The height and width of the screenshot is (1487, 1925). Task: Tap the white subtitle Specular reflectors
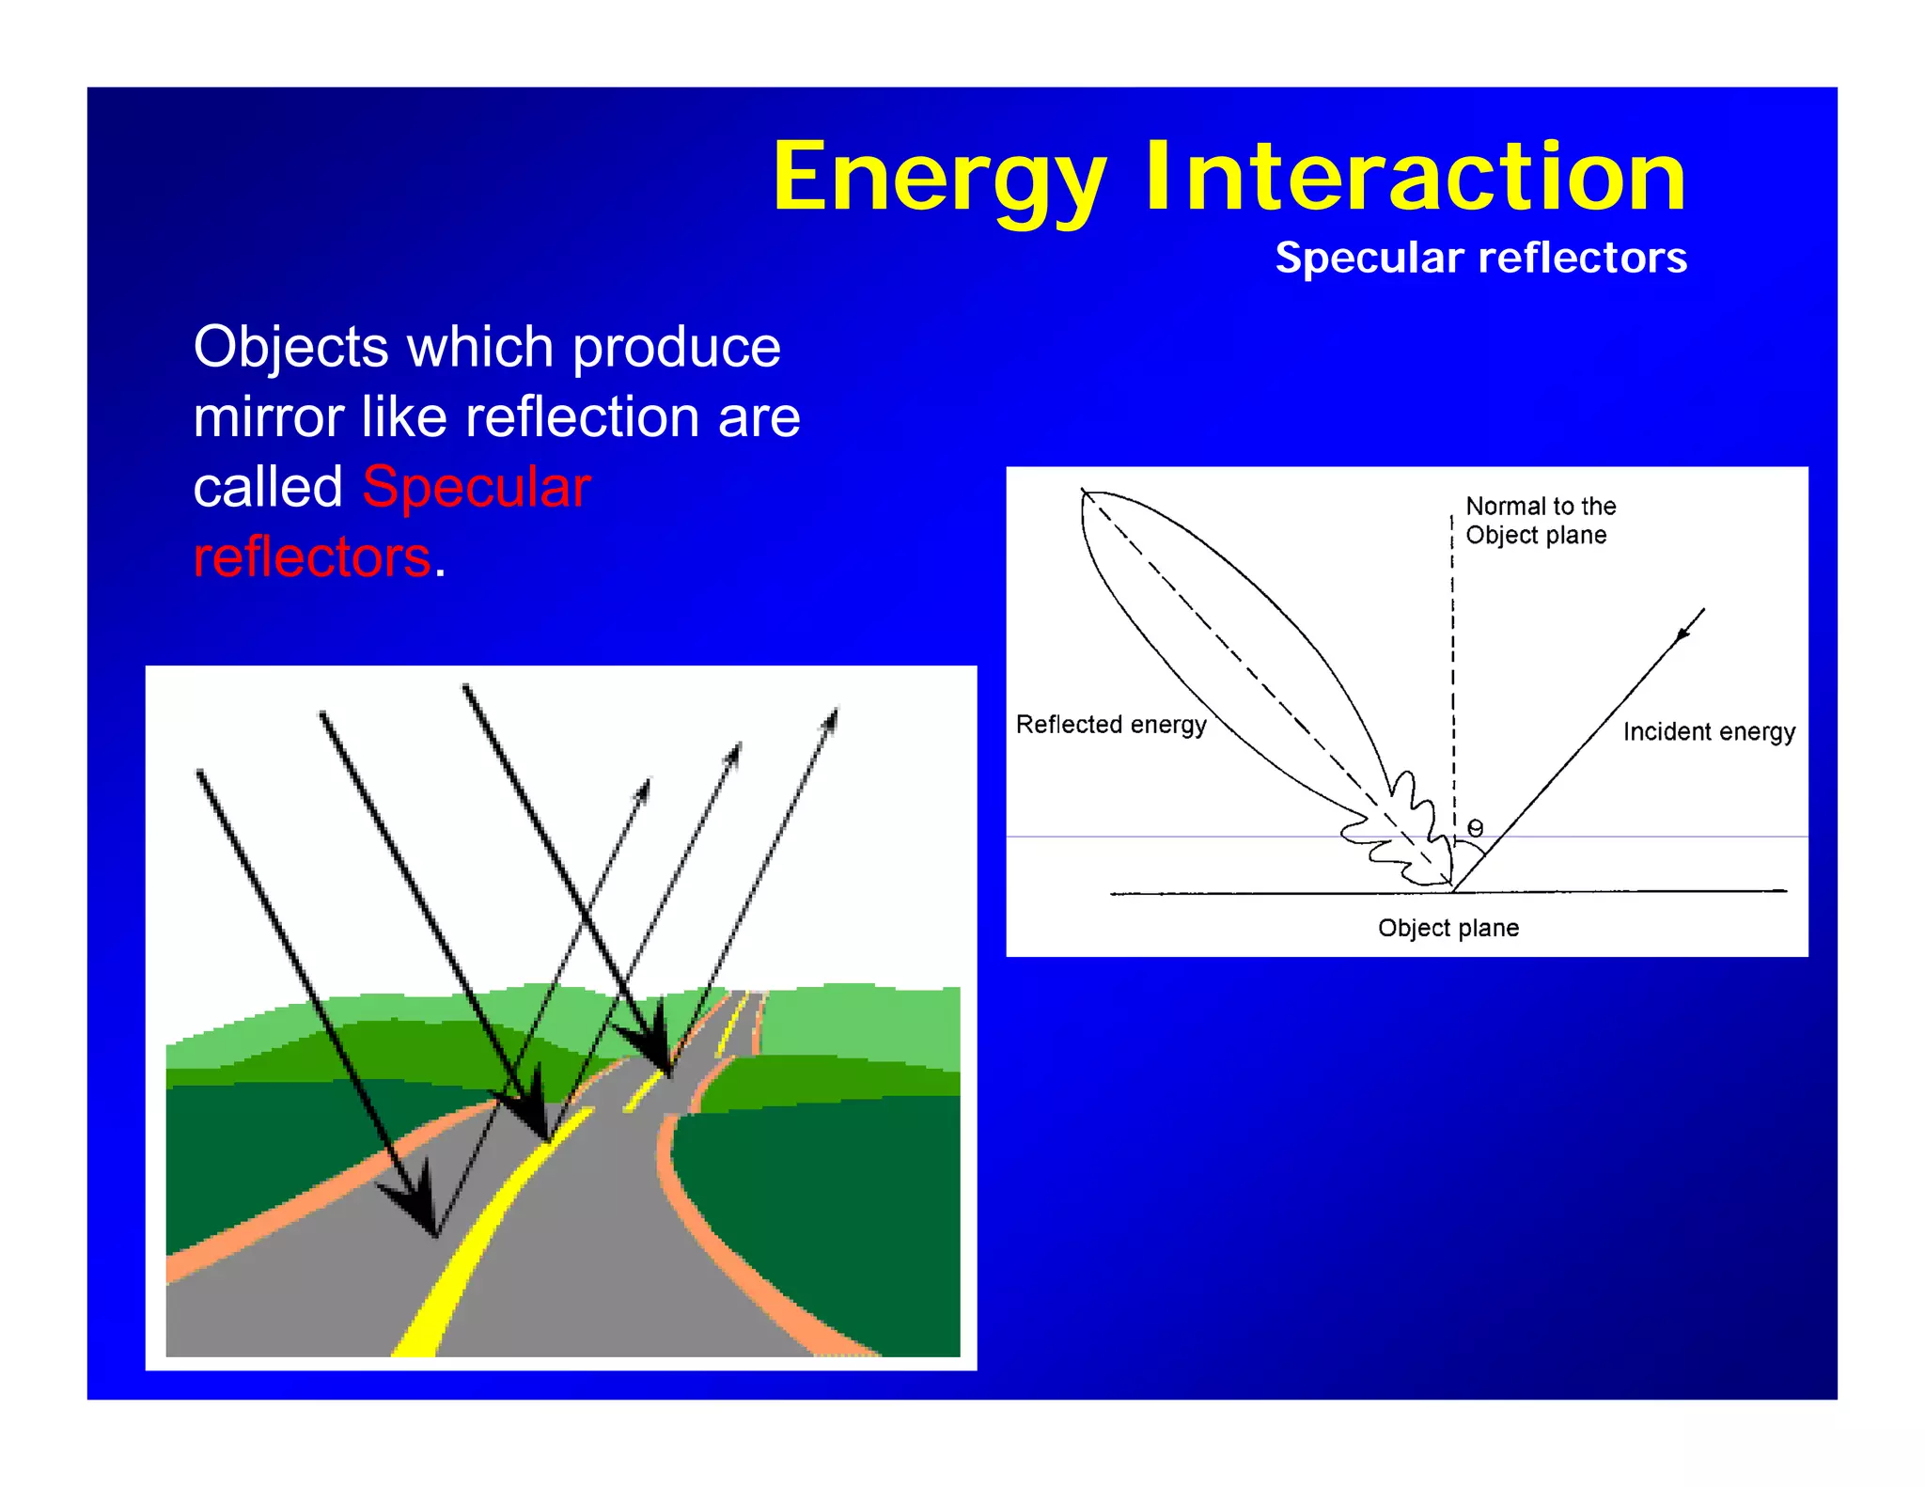pos(1480,258)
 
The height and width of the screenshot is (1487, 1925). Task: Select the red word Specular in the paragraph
pos(477,487)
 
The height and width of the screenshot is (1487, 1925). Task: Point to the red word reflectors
pos(311,556)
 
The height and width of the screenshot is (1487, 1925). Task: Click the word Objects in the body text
pos(290,347)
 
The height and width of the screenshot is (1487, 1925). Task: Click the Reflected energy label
pos(1110,725)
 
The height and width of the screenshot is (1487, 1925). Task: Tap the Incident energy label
pos(1708,731)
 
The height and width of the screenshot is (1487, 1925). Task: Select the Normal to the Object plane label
pos(1540,521)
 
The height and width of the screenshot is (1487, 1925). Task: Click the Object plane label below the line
pos(1448,928)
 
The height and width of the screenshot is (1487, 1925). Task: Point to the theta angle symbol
pos(1475,828)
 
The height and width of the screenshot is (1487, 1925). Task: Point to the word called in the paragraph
pos(268,487)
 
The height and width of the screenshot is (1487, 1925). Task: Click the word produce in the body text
pos(677,347)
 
